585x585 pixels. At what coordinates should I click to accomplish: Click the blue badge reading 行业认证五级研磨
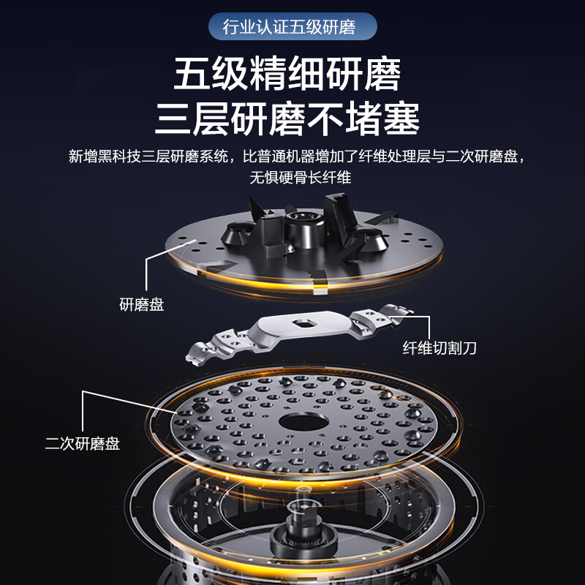click(292, 28)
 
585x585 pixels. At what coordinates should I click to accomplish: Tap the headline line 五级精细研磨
click(287, 76)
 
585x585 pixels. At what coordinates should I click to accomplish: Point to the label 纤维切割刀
click(439, 348)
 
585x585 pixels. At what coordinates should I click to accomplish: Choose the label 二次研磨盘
click(83, 443)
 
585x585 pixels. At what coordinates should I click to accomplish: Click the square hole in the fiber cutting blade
click(302, 322)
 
